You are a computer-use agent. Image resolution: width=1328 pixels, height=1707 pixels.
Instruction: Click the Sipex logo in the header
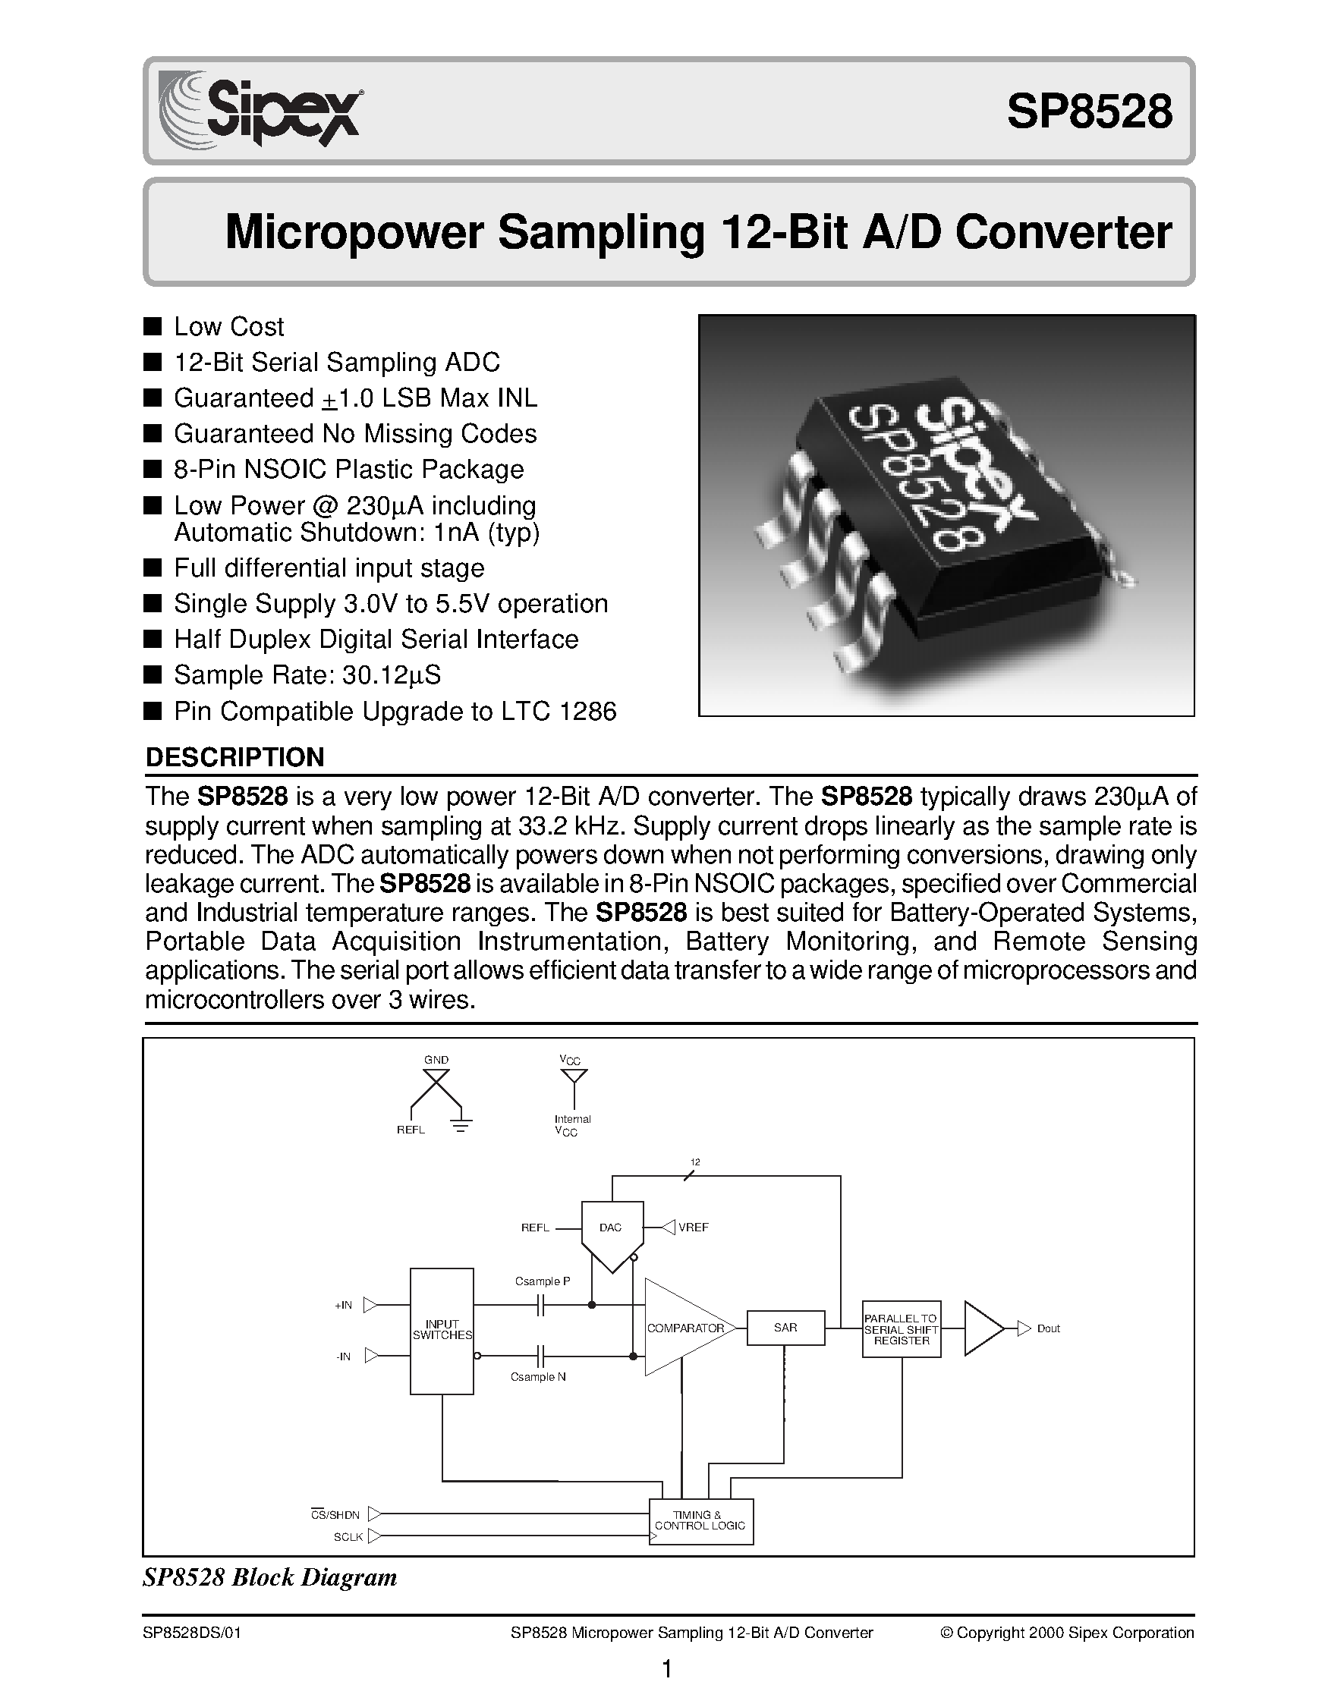(x=260, y=109)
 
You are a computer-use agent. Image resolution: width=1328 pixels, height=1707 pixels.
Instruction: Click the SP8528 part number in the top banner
(x=1089, y=112)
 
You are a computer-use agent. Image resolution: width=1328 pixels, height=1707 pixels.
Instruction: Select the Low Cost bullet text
(x=228, y=327)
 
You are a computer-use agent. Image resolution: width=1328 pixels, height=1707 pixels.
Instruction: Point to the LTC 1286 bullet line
(x=395, y=712)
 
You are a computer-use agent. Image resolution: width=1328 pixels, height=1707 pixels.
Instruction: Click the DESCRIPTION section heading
(x=234, y=756)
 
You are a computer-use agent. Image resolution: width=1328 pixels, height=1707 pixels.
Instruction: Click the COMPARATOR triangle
(x=683, y=1328)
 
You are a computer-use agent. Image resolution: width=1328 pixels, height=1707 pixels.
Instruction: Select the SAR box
(x=785, y=1328)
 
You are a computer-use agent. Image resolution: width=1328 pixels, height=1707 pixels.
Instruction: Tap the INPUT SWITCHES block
(x=442, y=1330)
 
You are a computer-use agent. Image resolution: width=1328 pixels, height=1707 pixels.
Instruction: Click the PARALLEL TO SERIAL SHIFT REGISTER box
(x=902, y=1328)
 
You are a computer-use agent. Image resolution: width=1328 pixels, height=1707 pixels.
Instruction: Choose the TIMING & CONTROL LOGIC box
(x=700, y=1520)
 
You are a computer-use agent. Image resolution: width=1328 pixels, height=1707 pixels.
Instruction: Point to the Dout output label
(x=1048, y=1328)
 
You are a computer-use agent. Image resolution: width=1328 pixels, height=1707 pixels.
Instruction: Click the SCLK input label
(x=348, y=1536)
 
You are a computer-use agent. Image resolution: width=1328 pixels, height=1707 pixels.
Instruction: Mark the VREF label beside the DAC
(x=694, y=1228)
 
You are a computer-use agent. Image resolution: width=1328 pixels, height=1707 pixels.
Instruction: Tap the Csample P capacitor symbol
(x=541, y=1305)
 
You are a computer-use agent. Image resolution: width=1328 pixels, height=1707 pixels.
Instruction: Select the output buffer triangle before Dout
(x=983, y=1328)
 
